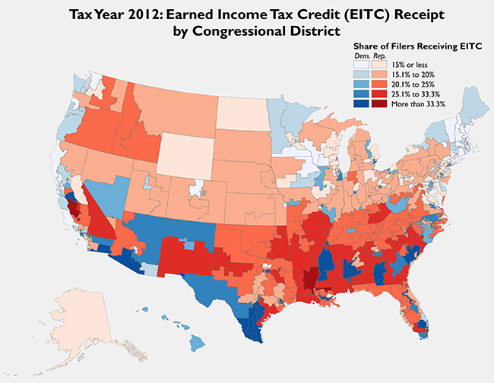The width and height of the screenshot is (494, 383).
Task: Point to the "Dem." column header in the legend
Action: click(x=362, y=56)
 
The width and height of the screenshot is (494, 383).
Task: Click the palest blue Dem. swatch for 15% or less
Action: click(x=363, y=65)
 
